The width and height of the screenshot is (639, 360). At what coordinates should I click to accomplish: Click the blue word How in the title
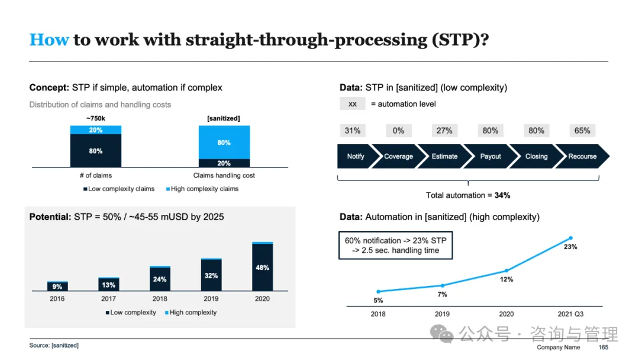(49, 40)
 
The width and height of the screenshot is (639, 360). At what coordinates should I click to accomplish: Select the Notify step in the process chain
(355, 156)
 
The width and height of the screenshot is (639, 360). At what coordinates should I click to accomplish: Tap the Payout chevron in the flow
(490, 156)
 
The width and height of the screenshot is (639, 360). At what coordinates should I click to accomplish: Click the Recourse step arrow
(582, 156)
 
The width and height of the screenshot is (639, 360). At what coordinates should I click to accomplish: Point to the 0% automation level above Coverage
(398, 131)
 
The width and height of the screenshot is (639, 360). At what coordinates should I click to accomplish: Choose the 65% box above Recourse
(582, 131)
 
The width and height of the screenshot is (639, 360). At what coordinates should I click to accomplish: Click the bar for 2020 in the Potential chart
(262, 267)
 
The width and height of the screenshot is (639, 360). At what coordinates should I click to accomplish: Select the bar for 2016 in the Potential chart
(57, 287)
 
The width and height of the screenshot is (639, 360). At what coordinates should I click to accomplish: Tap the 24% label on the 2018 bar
(160, 279)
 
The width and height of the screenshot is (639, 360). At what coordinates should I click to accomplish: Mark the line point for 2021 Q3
(570, 238)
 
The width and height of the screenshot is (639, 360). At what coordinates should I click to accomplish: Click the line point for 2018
(378, 291)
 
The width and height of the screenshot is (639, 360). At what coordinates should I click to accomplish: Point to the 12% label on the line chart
(506, 279)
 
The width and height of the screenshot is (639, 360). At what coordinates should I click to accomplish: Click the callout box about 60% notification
(395, 245)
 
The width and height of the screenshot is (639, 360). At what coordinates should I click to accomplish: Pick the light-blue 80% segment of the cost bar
(224, 143)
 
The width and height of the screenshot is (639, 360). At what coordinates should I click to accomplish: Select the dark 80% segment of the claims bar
(96, 151)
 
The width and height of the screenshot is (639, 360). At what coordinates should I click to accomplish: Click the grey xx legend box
(353, 104)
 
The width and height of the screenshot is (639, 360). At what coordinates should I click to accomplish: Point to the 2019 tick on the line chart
(442, 314)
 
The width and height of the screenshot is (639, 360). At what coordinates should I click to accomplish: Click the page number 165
(603, 348)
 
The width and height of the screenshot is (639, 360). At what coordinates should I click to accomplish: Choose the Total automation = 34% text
(468, 195)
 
